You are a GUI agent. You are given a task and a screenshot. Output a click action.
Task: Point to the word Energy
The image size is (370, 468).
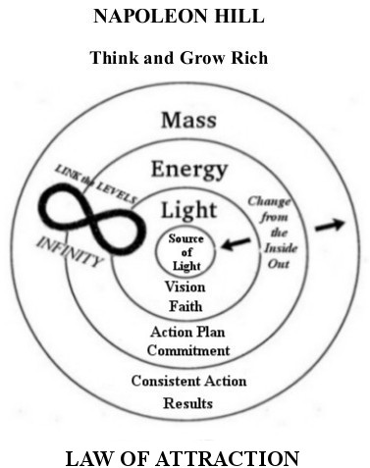tap(188, 169)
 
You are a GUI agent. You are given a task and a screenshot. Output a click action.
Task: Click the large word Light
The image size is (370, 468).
tap(188, 210)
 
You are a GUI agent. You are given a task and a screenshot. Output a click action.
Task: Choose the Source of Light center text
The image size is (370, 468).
tap(186, 253)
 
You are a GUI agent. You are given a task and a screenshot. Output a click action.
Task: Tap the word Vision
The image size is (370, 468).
tap(186, 287)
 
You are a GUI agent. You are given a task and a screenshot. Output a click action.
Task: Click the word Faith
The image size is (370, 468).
tap(186, 305)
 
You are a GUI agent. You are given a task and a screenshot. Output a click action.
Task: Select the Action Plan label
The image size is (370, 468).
tap(187, 332)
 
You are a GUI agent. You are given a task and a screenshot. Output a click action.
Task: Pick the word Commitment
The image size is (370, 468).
tap(187, 349)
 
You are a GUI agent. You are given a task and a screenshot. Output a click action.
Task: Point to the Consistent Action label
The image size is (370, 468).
tap(188, 381)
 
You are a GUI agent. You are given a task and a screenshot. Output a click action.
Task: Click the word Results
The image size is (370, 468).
tap(188, 402)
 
